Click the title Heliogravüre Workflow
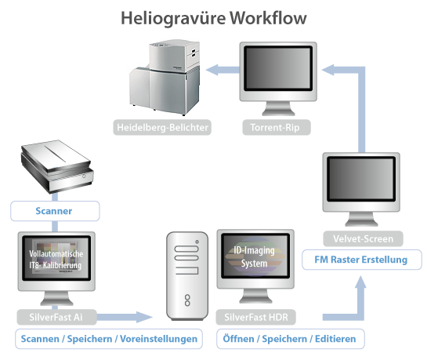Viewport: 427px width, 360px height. (x=214, y=17)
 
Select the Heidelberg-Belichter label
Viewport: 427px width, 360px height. (x=162, y=127)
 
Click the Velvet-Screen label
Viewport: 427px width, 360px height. (x=356, y=238)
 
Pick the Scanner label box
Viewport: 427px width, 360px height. (x=55, y=210)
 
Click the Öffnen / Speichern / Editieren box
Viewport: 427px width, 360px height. (x=289, y=340)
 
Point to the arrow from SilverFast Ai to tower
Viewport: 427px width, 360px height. (x=125, y=317)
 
